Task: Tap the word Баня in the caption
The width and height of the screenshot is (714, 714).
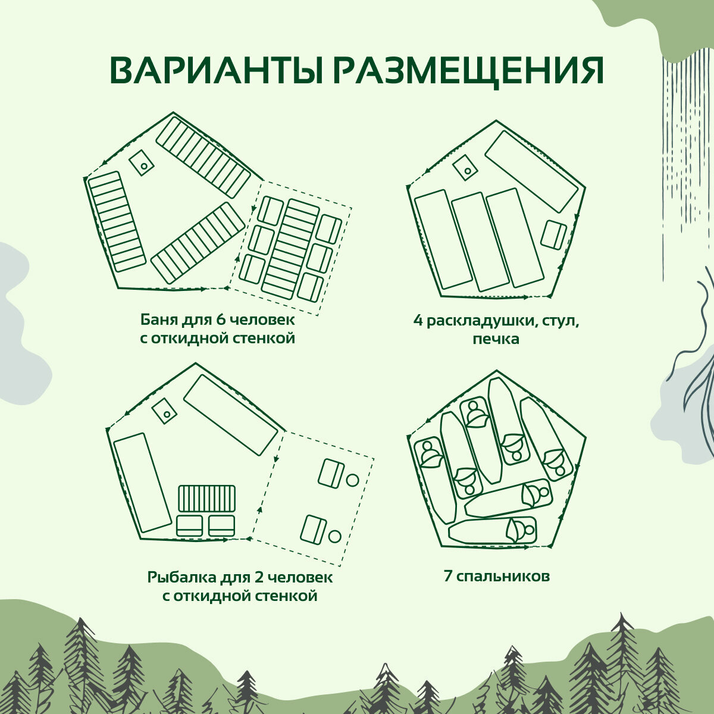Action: click(x=156, y=320)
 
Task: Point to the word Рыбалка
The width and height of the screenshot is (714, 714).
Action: click(x=176, y=577)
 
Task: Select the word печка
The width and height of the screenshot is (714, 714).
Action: click(x=496, y=339)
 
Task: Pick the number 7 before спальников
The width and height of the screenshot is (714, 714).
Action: click(x=447, y=576)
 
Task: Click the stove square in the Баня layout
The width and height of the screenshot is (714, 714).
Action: click(x=142, y=162)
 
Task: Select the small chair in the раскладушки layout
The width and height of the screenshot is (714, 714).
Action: click(x=554, y=235)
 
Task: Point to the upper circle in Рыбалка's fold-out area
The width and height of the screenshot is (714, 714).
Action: click(x=352, y=479)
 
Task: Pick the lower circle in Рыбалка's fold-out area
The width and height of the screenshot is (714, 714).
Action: click(x=334, y=537)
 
